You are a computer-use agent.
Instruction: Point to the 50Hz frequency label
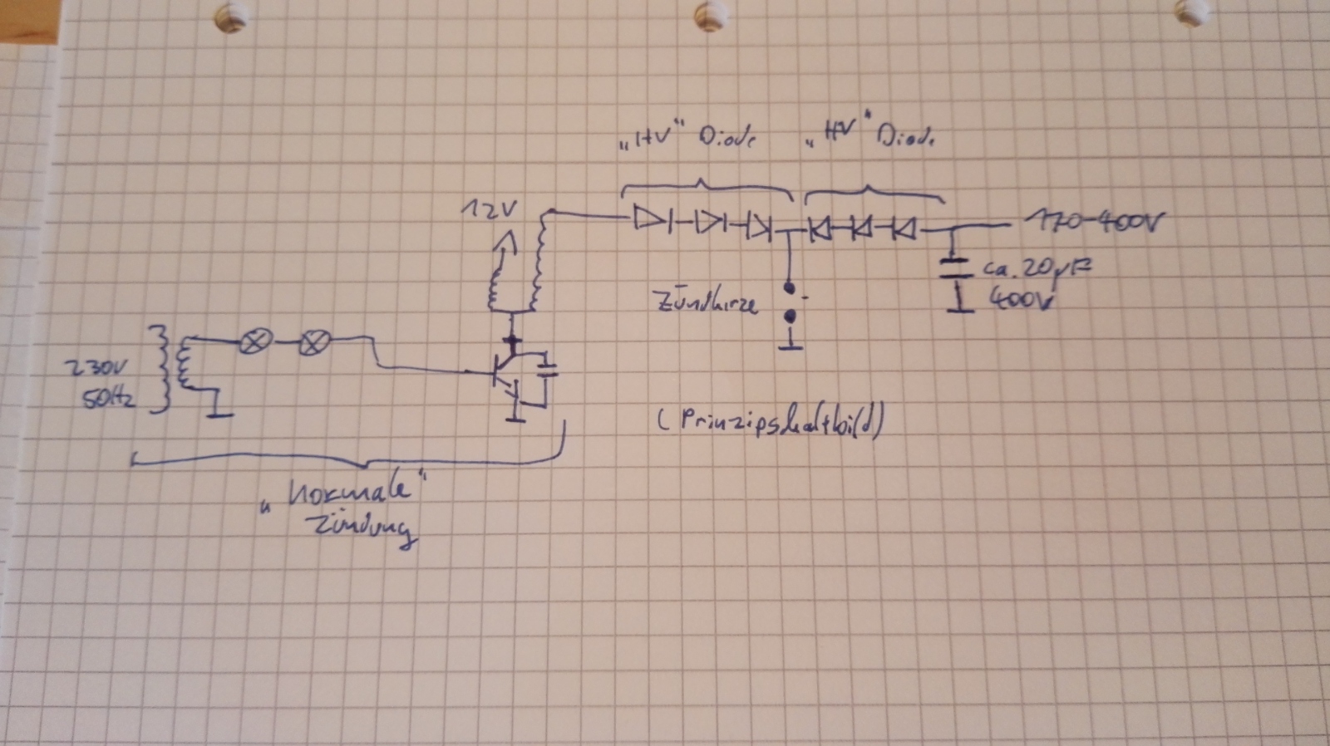pos(108,400)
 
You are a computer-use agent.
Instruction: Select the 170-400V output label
pos(1095,223)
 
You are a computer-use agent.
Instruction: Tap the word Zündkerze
pos(707,302)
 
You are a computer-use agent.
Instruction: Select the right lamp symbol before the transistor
pos(314,341)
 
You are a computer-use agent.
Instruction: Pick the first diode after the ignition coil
pos(649,219)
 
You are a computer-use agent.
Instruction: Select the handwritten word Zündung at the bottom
pos(362,531)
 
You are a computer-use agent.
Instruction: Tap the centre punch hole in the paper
pos(709,14)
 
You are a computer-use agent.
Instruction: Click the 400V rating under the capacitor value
pos(1021,297)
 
